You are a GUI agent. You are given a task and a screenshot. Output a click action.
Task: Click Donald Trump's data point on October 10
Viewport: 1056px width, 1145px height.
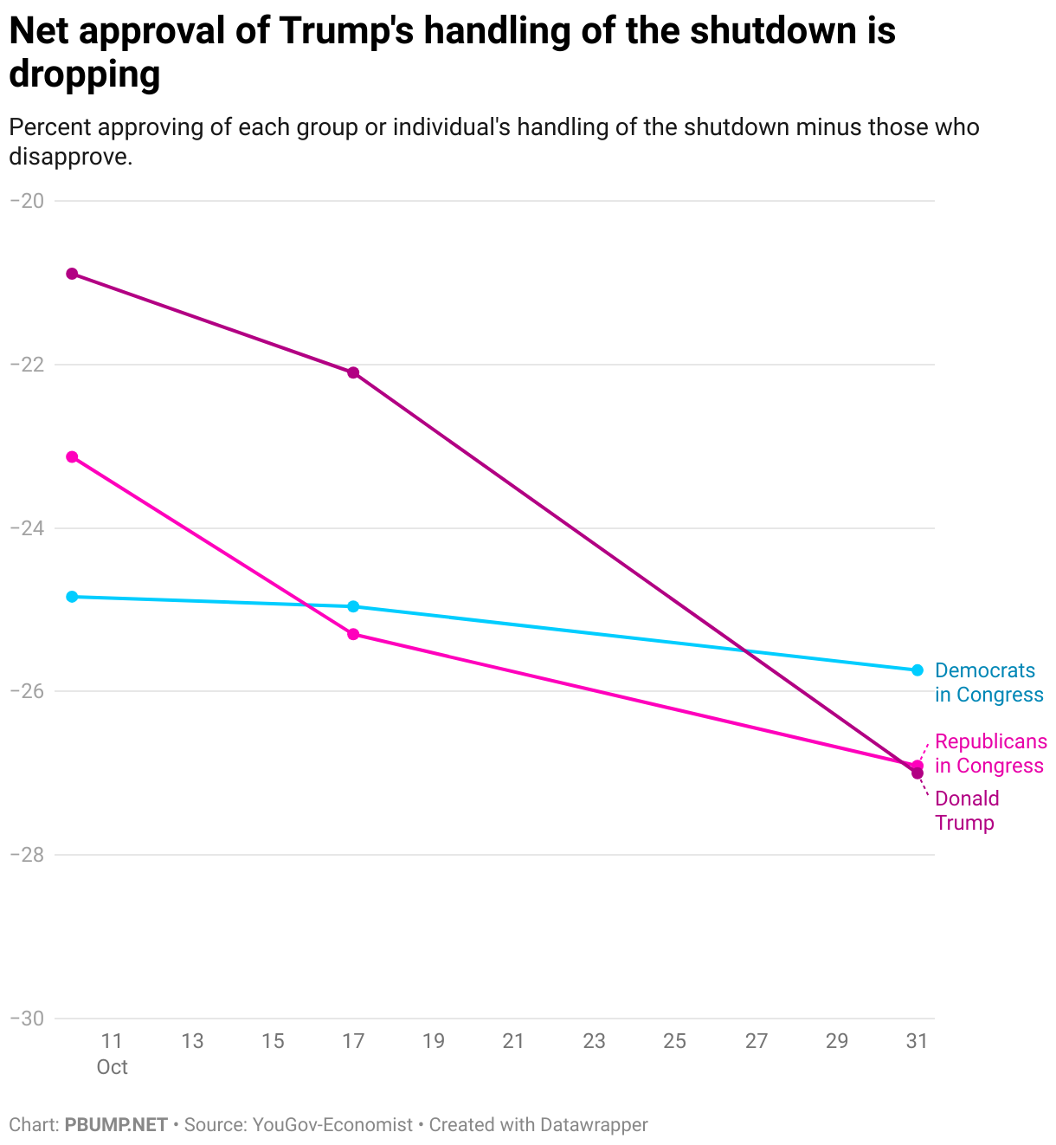72,274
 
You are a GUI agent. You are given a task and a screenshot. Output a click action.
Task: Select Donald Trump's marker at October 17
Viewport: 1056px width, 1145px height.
353,373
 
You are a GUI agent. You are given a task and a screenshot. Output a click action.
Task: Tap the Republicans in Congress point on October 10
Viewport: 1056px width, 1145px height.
72,456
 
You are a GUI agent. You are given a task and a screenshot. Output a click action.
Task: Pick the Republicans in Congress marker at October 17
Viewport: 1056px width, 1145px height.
353,634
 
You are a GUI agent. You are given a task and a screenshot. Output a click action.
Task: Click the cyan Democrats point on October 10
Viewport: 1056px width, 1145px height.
72,597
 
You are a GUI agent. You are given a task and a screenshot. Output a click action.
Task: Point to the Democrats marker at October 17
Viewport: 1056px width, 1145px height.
353,606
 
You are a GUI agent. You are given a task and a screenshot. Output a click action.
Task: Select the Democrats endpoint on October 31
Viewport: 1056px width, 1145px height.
918,670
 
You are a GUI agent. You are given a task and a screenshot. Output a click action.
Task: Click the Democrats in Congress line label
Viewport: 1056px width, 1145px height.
988,682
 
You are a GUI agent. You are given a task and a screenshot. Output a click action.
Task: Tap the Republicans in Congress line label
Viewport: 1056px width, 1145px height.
990,754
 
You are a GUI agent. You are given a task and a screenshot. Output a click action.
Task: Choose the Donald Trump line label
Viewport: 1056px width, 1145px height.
967,811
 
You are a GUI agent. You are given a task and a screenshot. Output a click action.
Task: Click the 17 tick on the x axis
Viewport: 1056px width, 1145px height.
353,1041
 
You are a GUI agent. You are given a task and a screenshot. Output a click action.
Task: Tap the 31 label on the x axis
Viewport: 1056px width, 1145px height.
917,1041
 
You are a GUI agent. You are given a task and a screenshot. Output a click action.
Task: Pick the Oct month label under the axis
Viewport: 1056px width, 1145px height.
113,1067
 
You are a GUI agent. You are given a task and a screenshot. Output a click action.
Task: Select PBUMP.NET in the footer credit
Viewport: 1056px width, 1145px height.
116,1125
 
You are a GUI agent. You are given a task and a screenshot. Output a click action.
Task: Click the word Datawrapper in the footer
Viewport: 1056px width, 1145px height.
594,1125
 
